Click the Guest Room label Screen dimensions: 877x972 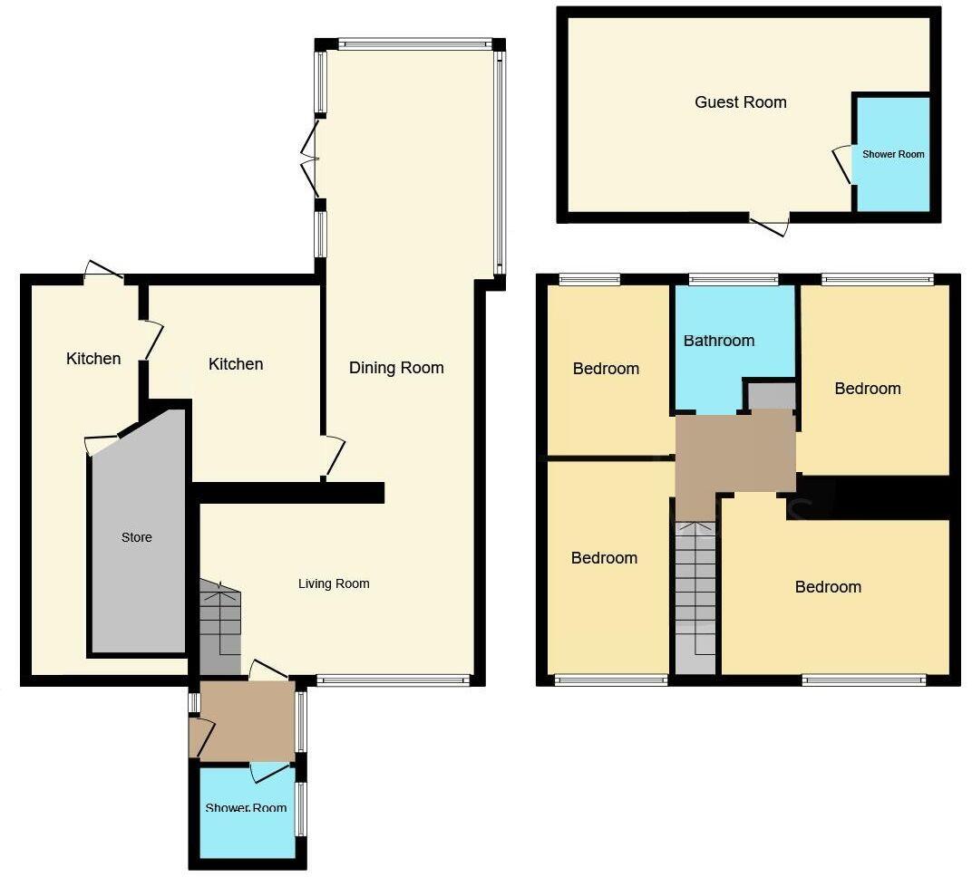tap(740, 102)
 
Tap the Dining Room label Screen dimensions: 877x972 tap(396, 368)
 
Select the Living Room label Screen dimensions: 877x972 tap(334, 584)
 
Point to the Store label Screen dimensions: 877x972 tap(137, 538)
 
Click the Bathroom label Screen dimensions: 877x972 tap(718, 342)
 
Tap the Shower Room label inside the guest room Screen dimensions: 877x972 tap(893, 155)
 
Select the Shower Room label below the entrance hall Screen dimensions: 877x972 tap(246, 808)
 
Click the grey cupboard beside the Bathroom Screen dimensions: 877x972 tap(771, 396)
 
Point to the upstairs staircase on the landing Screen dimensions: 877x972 tap(695, 589)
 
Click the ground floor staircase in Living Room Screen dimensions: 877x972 tap(220, 625)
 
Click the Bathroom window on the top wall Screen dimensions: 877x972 tap(733, 279)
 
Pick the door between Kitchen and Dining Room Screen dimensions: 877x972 tap(331, 456)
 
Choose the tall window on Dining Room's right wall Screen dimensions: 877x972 tap(500, 163)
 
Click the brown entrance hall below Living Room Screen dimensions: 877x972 tap(247, 721)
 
